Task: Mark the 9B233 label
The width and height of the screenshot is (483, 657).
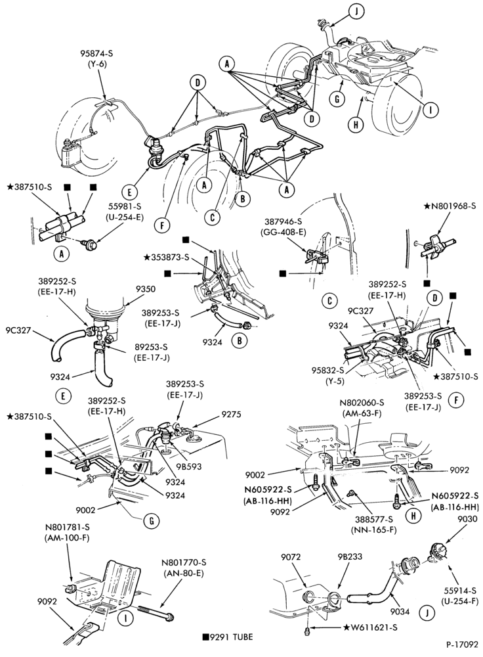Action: [350, 556]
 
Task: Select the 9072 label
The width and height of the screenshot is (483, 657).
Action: [290, 556]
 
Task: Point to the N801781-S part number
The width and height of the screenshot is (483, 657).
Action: [68, 526]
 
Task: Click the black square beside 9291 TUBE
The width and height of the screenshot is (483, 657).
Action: [205, 637]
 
